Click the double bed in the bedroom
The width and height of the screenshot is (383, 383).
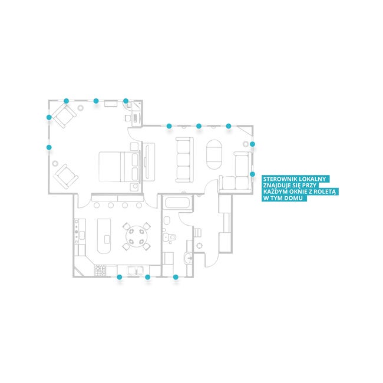120,167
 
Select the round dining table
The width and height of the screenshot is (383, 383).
136,236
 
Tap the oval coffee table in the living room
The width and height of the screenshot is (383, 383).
214,154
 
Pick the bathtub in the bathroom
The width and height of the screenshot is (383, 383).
177,203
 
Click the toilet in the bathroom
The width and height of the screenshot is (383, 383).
170,237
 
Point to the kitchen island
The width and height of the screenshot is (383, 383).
104,236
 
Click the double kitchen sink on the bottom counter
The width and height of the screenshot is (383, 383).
135,270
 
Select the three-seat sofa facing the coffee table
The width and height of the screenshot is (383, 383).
184,160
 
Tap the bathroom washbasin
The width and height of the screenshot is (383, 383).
188,259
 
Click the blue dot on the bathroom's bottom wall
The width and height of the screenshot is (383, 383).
176,277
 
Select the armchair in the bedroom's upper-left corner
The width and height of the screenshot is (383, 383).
64,115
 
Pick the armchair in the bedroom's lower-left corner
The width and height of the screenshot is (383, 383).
66,176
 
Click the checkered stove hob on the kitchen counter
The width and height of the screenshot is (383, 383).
100,270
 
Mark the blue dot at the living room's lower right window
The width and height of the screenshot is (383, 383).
252,174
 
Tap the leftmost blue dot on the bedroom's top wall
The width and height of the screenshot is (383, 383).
66,101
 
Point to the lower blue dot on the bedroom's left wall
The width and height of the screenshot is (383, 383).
49,147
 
